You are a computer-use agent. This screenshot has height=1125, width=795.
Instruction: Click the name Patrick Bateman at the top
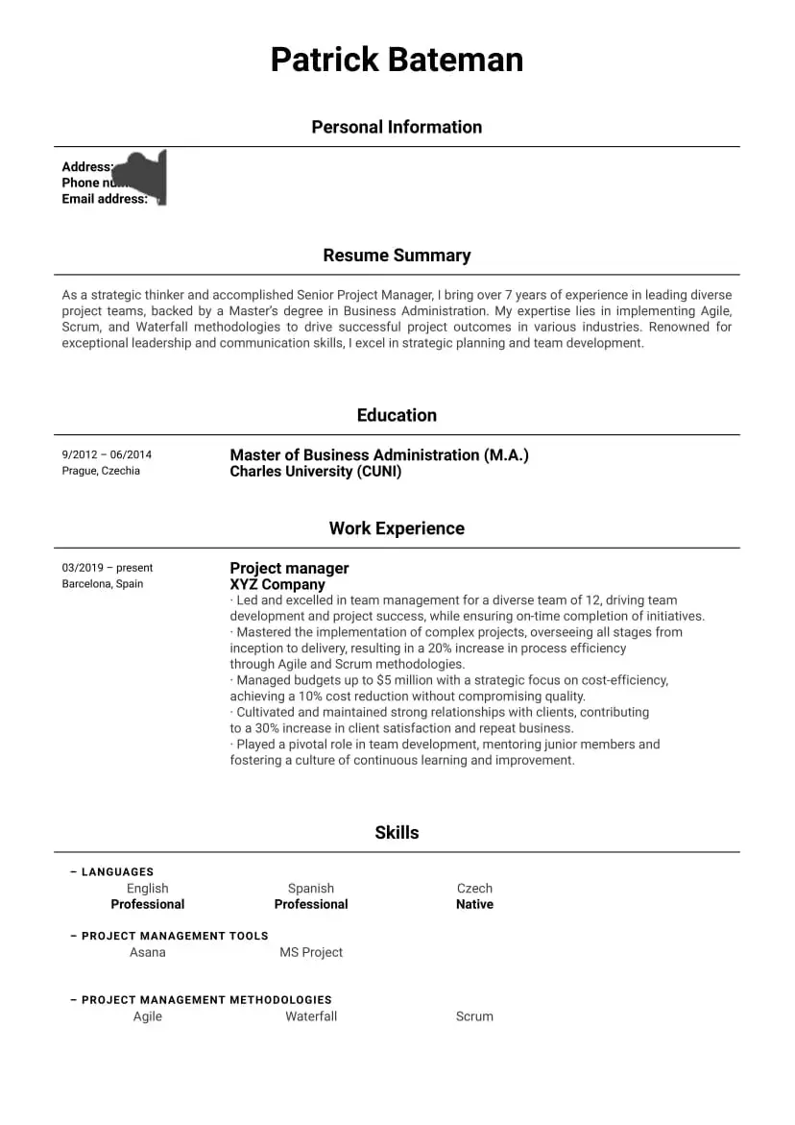397,60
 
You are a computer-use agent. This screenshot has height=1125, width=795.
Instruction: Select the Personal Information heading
397,127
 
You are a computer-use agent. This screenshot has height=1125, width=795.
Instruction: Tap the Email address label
105,199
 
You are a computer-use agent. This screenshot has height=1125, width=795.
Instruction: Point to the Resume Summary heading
397,256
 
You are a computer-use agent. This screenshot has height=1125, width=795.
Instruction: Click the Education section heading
397,415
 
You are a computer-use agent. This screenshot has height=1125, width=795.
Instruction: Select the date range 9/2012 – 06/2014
107,454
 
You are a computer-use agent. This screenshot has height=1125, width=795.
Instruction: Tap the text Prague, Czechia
101,471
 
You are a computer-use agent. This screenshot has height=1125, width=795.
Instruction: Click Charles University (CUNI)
316,472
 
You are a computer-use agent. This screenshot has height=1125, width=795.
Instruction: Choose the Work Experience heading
397,528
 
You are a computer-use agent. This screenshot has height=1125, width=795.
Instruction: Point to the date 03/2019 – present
108,568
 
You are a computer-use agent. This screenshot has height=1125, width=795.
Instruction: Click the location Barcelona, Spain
103,584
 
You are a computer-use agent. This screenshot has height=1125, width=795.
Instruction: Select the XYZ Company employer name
277,584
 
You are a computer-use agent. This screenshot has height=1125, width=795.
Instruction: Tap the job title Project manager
289,568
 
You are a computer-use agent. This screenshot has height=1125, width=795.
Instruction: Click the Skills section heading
397,833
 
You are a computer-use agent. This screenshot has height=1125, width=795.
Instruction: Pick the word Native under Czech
474,904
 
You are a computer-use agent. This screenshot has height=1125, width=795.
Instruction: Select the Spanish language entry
311,889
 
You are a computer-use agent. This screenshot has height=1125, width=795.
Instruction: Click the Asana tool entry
148,952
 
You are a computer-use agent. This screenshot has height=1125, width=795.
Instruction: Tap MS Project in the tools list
311,952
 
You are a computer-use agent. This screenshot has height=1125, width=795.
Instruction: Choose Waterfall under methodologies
311,1016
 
